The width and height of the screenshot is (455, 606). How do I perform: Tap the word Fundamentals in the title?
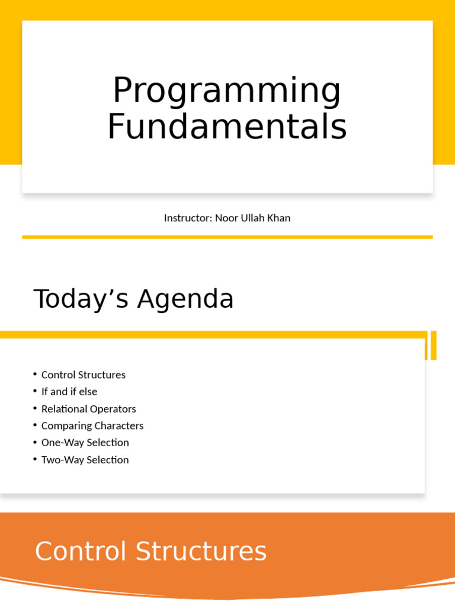[227, 127]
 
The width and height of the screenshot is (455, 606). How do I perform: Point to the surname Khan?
[278, 218]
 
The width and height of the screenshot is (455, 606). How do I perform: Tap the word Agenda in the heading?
[185, 300]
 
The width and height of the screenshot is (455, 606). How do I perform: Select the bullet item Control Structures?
[84, 375]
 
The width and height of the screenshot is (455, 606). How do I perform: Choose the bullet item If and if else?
[69, 392]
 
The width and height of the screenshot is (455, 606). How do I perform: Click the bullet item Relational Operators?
[89, 409]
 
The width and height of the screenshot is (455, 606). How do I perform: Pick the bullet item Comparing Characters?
[92, 426]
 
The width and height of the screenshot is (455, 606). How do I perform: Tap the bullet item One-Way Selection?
[85, 443]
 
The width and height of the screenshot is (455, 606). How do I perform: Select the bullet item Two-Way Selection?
[85, 460]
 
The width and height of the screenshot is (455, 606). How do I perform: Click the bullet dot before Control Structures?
[36, 374]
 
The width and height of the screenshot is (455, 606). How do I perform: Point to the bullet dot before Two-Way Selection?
[36, 459]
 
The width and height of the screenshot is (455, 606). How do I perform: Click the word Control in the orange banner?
[81, 552]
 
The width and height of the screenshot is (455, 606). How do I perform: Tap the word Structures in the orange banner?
[201, 552]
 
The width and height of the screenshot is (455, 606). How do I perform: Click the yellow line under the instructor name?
[227, 237]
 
